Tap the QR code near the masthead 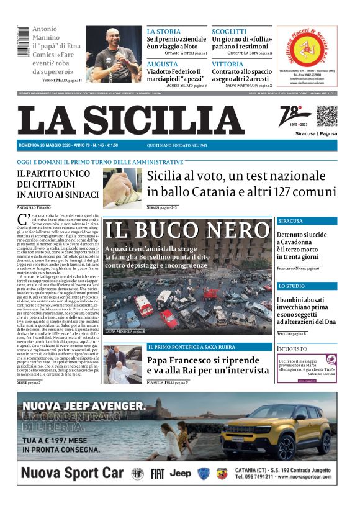[326, 117]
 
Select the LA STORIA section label [163, 31]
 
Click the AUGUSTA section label [162, 64]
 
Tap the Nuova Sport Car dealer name [72, 473]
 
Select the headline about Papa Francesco [209, 366]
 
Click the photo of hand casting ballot [122, 188]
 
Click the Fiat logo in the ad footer [158, 474]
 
